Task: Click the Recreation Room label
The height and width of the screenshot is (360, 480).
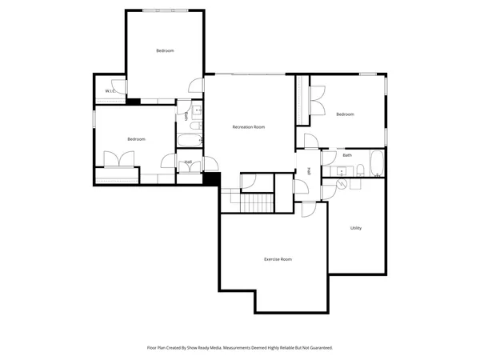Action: coord(248,127)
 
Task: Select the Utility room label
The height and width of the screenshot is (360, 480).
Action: coord(356,228)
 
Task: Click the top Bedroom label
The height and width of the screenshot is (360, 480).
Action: coord(165,50)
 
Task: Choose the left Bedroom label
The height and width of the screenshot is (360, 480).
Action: coord(136,139)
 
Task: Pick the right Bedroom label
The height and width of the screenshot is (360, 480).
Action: coord(345,114)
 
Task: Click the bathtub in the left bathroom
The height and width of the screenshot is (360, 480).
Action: coord(189,142)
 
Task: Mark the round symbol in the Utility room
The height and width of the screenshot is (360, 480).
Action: coord(342,184)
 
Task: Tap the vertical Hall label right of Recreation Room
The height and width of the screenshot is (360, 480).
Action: coord(310,170)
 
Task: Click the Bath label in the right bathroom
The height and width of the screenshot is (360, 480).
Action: coord(347,155)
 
